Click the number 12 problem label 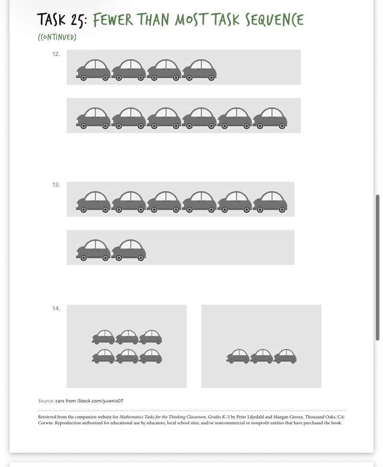[x=56, y=54]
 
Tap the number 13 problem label [x=56, y=185]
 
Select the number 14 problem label [x=56, y=308]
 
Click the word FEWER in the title [x=113, y=20]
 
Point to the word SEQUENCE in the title [x=274, y=20]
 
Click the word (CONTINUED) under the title [x=57, y=37]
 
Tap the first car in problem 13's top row [x=93, y=202]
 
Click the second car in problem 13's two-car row [x=129, y=250]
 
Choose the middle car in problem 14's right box [x=262, y=356]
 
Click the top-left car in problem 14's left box [x=103, y=337]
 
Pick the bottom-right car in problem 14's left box [x=150, y=356]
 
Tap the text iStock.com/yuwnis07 [x=100, y=401]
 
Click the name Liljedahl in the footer [x=254, y=417]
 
